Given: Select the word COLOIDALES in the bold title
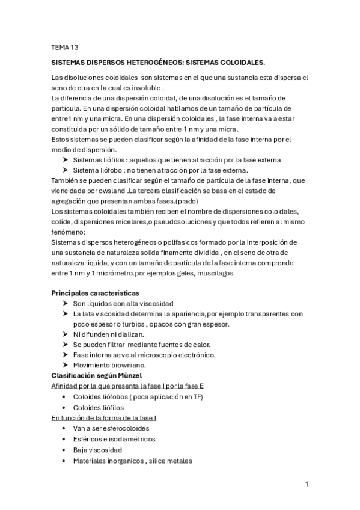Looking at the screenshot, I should (237, 62).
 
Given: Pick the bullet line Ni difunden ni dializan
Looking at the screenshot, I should (108, 334).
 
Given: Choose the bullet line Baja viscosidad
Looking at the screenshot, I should (97, 450).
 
